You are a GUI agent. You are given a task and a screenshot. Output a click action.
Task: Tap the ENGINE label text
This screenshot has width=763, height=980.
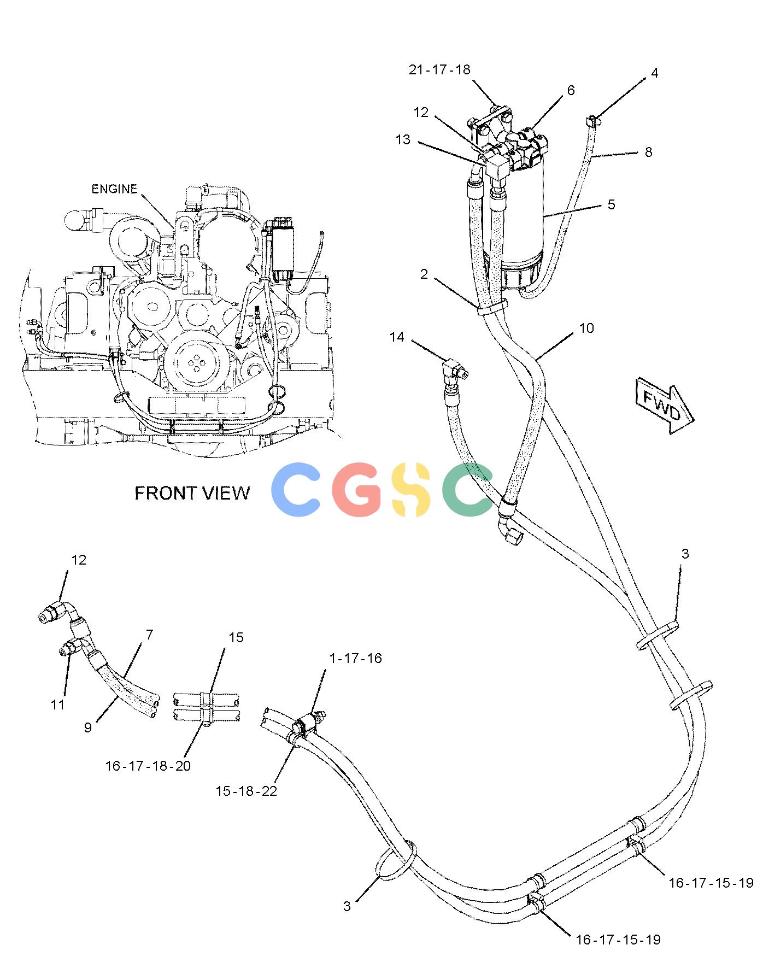pyautogui.click(x=114, y=189)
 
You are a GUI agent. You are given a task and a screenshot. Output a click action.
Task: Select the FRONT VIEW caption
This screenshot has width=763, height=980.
pyautogui.click(x=192, y=493)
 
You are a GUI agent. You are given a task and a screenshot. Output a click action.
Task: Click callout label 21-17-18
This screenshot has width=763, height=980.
pyautogui.click(x=439, y=70)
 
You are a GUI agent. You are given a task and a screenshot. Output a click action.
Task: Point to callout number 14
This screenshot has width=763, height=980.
pyautogui.click(x=397, y=337)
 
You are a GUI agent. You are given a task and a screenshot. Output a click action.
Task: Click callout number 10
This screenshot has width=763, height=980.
pyautogui.click(x=586, y=328)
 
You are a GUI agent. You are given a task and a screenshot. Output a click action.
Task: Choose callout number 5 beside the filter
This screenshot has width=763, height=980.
pyautogui.click(x=611, y=204)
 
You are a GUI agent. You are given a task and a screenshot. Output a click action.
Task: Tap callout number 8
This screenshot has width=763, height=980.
pyautogui.click(x=648, y=152)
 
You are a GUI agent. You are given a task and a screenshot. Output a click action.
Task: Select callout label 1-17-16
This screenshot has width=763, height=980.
pyautogui.click(x=355, y=658)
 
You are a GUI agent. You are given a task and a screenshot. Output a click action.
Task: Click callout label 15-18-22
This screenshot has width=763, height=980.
pyautogui.click(x=246, y=791)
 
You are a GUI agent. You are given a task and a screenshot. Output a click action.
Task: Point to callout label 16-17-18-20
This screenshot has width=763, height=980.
pyautogui.click(x=148, y=766)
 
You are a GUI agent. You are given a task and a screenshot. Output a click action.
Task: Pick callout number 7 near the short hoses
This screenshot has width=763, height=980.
pyautogui.click(x=149, y=635)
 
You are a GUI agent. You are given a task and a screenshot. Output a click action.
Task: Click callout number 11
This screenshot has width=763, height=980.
pyautogui.click(x=58, y=705)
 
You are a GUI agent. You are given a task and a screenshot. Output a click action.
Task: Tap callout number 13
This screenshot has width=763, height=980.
pyautogui.click(x=403, y=140)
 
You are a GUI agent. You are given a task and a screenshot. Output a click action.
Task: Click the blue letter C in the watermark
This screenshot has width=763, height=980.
pyautogui.click(x=296, y=489)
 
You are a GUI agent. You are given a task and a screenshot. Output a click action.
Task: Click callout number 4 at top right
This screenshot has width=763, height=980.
pyautogui.click(x=655, y=73)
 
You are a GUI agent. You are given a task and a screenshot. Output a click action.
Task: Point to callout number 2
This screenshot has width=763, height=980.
pyautogui.click(x=424, y=274)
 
